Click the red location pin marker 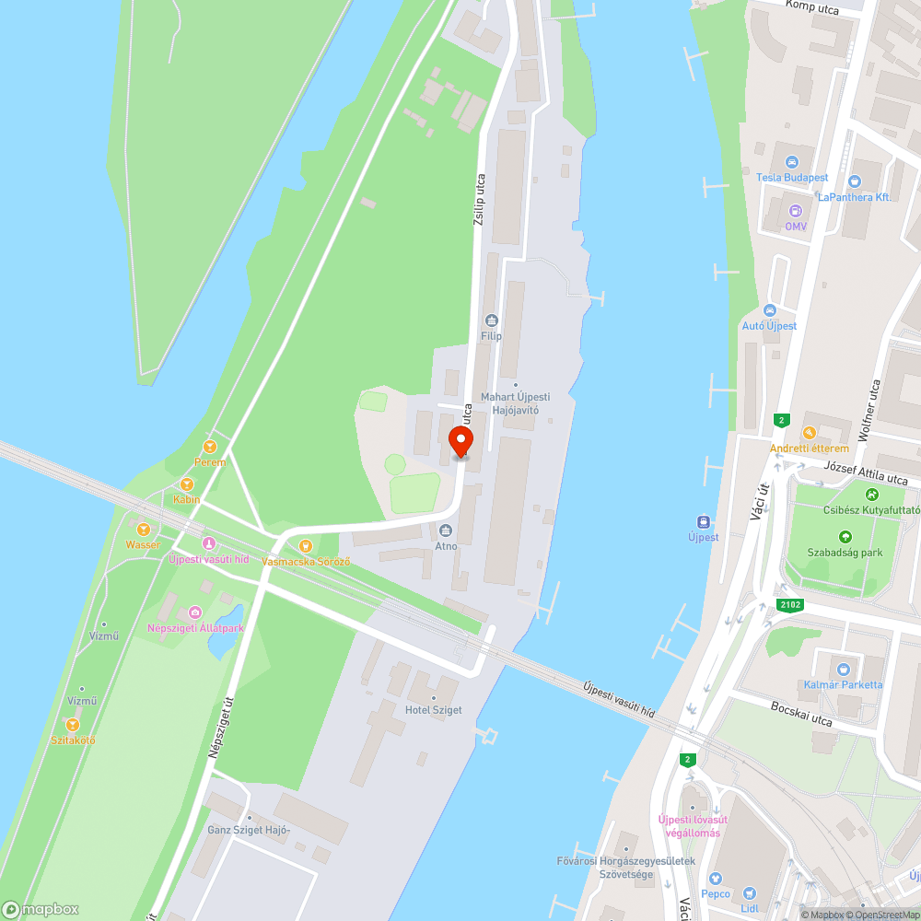click(x=461, y=441)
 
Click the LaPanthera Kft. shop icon click(x=854, y=181)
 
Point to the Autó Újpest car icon click(x=770, y=310)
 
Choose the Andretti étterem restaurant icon click(x=809, y=432)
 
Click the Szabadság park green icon click(x=845, y=536)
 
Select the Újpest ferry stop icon click(x=704, y=520)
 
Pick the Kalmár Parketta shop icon click(x=843, y=669)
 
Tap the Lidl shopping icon click(x=749, y=892)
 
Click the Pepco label click(x=716, y=893)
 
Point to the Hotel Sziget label click(x=433, y=710)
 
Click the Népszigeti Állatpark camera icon click(x=194, y=612)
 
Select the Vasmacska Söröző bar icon click(x=306, y=545)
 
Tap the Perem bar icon click(x=210, y=447)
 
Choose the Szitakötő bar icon click(x=73, y=725)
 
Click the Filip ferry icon click(x=491, y=321)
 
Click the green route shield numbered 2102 click(x=788, y=604)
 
